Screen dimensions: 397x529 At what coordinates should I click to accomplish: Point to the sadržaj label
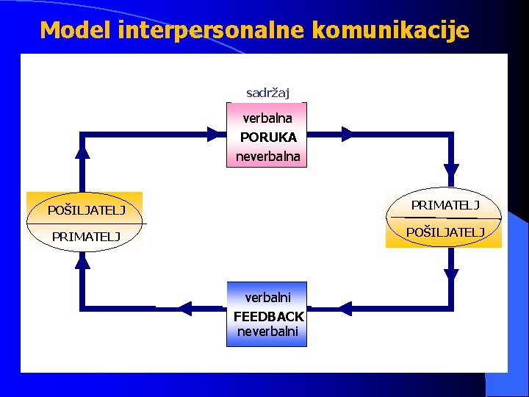click(267, 93)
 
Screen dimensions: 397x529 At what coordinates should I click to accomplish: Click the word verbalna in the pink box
click(267, 118)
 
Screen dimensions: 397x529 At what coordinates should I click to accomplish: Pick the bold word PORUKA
click(268, 137)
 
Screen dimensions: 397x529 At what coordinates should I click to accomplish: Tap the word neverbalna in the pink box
click(267, 156)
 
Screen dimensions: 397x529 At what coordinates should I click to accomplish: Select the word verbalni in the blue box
click(267, 298)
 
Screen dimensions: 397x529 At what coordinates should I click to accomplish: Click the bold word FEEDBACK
click(268, 316)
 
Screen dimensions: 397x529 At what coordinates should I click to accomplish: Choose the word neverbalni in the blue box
click(267, 332)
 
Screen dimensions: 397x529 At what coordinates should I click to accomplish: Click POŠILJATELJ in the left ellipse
click(86, 210)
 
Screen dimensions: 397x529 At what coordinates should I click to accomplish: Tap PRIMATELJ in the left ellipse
click(85, 236)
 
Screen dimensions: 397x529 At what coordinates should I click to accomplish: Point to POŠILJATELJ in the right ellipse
click(445, 232)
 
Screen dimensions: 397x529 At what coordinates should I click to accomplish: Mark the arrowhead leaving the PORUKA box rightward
click(347, 134)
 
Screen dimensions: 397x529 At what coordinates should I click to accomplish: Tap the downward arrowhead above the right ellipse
click(451, 170)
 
